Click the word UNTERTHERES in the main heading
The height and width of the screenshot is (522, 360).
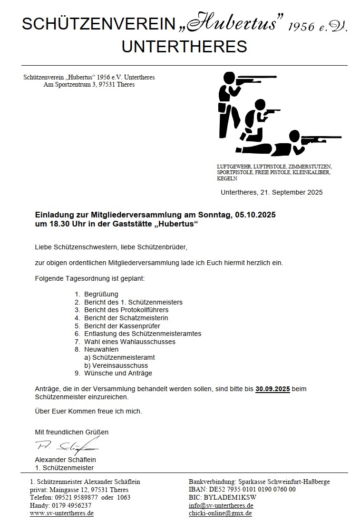(184, 47)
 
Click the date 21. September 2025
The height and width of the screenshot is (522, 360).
(290, 192)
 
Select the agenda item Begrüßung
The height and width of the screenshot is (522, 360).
(101, 294)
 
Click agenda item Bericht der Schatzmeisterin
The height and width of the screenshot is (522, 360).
(126, 318)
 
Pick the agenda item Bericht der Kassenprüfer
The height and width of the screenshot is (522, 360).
(122, 326)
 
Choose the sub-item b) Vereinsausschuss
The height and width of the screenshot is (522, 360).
(116, 365)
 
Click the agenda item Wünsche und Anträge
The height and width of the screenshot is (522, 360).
(118, 373)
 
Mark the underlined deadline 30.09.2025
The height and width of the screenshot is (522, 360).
(272, 389)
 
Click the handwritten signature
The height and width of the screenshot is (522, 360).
(67, 446)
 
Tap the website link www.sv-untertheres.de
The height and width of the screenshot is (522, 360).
(61, 513)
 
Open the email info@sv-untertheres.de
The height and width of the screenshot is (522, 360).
(221, 505)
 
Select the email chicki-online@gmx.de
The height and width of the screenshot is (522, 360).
(220, 513)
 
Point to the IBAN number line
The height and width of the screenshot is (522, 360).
(242, 489)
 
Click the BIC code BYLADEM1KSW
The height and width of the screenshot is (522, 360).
(230, 497)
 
